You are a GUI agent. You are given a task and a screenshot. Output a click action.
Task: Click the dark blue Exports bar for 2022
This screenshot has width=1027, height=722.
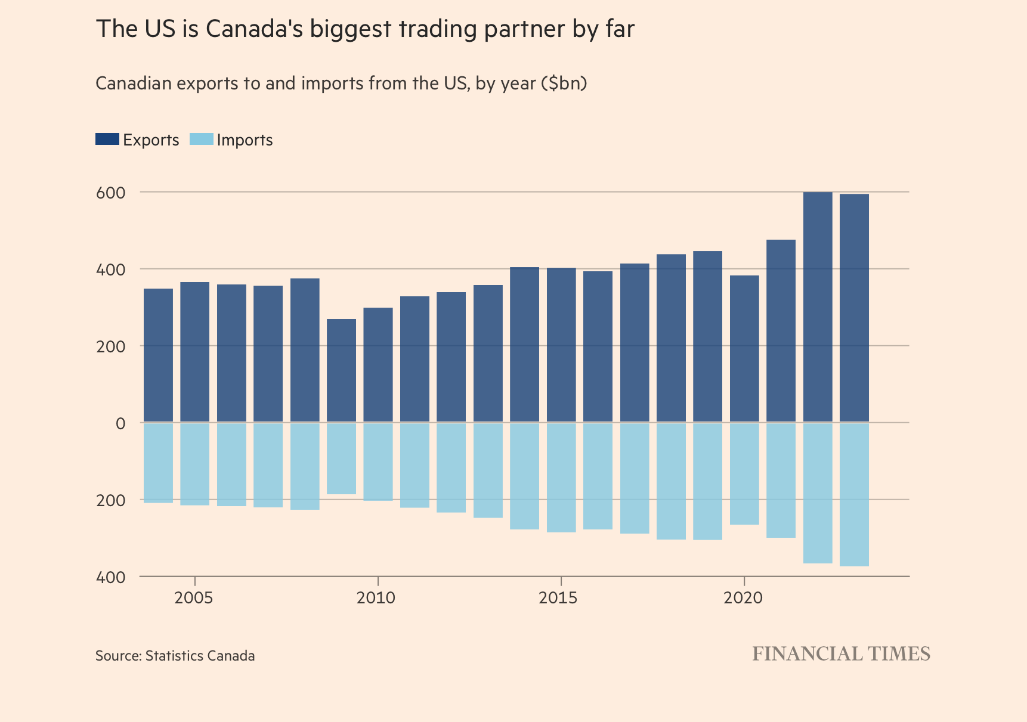(817, 307)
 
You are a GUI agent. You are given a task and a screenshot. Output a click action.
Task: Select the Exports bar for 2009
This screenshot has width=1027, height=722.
(341, 371)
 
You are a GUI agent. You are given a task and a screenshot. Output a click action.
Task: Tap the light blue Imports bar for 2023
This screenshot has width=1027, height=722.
(854, 494)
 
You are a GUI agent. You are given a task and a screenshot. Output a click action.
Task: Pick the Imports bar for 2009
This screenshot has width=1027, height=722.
(341, 458)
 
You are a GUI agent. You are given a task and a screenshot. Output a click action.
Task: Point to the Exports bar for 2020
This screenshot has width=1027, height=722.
(744, 349)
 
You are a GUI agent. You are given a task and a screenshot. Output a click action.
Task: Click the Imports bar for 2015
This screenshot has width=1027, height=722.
(561, 477)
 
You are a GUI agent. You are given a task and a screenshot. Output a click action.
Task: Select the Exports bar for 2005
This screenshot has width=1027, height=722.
(195, 352)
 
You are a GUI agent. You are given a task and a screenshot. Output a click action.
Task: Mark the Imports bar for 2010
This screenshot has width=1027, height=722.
(378, 461)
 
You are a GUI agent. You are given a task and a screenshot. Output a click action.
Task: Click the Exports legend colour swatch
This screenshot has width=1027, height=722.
(107, 140)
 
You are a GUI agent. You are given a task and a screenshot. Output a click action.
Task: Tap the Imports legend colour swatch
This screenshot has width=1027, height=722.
(201, 140)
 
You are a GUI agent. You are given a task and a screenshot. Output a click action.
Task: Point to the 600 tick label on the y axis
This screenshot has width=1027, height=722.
(111, 193)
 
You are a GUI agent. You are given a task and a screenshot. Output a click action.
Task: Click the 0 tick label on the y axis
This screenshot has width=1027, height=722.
(120, 423)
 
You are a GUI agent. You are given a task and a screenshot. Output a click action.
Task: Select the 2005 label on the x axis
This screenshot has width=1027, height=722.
(194, 597)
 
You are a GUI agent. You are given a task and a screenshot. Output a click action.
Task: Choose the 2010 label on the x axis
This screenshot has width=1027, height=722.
(376, 597)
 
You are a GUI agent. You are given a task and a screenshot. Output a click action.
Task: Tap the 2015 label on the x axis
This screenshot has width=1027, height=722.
(558, 597)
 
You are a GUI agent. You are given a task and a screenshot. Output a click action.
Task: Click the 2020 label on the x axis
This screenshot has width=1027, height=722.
(743, 597)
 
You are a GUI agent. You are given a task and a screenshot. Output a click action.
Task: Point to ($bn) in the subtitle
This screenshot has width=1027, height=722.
(564, 83)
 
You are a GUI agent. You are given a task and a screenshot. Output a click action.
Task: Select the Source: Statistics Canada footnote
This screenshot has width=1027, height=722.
(175, 656)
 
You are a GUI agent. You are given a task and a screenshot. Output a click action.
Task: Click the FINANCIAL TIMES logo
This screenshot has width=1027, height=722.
(841, 654)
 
